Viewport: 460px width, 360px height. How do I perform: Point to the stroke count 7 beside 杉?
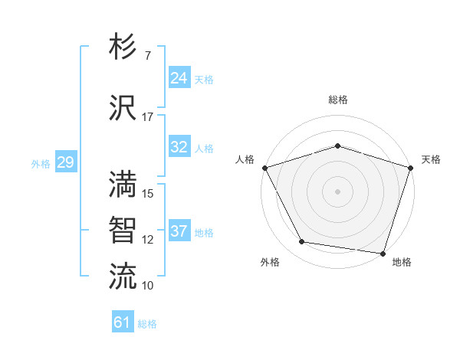click(147, 56)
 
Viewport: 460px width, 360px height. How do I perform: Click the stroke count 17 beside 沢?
click(147, 117)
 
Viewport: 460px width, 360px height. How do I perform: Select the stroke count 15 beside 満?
click(148, 193)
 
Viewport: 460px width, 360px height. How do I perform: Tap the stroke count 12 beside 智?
click(148, 239)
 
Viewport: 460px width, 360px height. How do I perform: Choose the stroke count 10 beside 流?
click(148, 285)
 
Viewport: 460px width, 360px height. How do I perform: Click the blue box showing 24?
click(179, 78)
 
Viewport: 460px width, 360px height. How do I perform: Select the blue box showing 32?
click(179, 147)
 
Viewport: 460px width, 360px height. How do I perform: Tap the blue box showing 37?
click(179, 231)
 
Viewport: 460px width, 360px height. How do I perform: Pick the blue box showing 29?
click(65, 162)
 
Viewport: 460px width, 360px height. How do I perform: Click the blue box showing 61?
click(123, 322)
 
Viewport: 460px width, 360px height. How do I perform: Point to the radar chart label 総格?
click(337, 100)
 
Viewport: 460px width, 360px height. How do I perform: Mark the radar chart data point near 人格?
click(264, 168)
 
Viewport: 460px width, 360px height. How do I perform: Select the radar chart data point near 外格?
click(302, 242)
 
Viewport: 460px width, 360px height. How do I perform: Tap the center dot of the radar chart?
click(337, 191)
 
